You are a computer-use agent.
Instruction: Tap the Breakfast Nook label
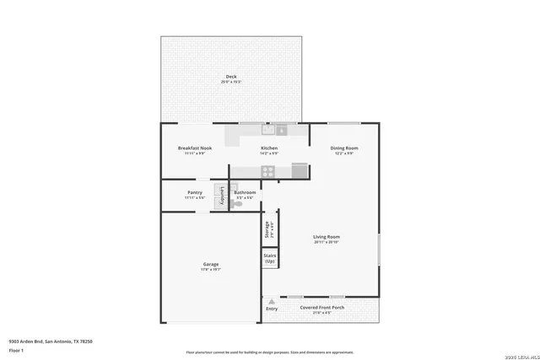[x=194, y=148]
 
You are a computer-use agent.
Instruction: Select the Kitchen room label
[x=269, y=148]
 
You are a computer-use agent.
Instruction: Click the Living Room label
[x=326, y=237]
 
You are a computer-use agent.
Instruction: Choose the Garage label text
[x=210, y=264]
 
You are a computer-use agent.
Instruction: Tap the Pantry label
[x=194, y=192]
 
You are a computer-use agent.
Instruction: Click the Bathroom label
[x=245, y=192]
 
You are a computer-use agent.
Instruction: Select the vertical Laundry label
[x=221, y=196]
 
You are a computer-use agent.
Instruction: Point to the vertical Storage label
[x=267, y=229]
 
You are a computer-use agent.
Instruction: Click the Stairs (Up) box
[x=270, y=258]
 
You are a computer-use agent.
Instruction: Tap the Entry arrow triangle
[x=272, y=300]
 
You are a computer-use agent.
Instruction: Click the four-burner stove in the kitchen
[x=268, y=171]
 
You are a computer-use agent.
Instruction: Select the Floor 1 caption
[x=16, y=349]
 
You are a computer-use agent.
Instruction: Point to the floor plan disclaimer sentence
[x=270, y=352]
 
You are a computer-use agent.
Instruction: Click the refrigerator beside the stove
[x=298, y=171]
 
